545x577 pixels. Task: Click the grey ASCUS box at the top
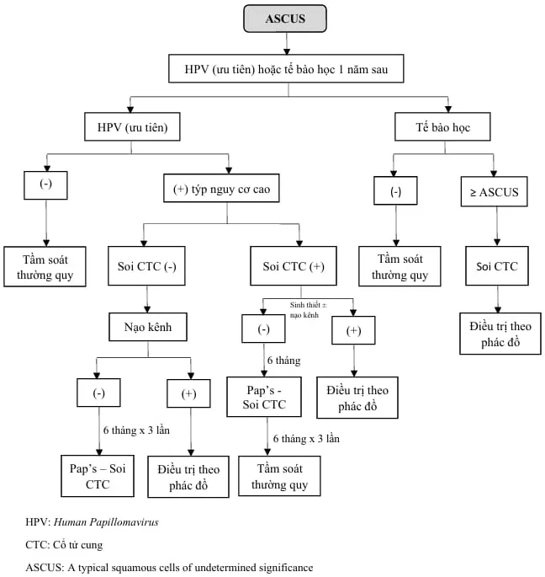tap(285, 19)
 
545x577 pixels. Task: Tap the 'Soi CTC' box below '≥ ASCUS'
tap(495, 267)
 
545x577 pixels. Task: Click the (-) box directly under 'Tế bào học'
tap(396, 191)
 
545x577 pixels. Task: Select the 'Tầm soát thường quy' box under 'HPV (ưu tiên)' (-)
tap(45, 265)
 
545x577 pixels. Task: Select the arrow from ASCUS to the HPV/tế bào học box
tap(286, 42)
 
